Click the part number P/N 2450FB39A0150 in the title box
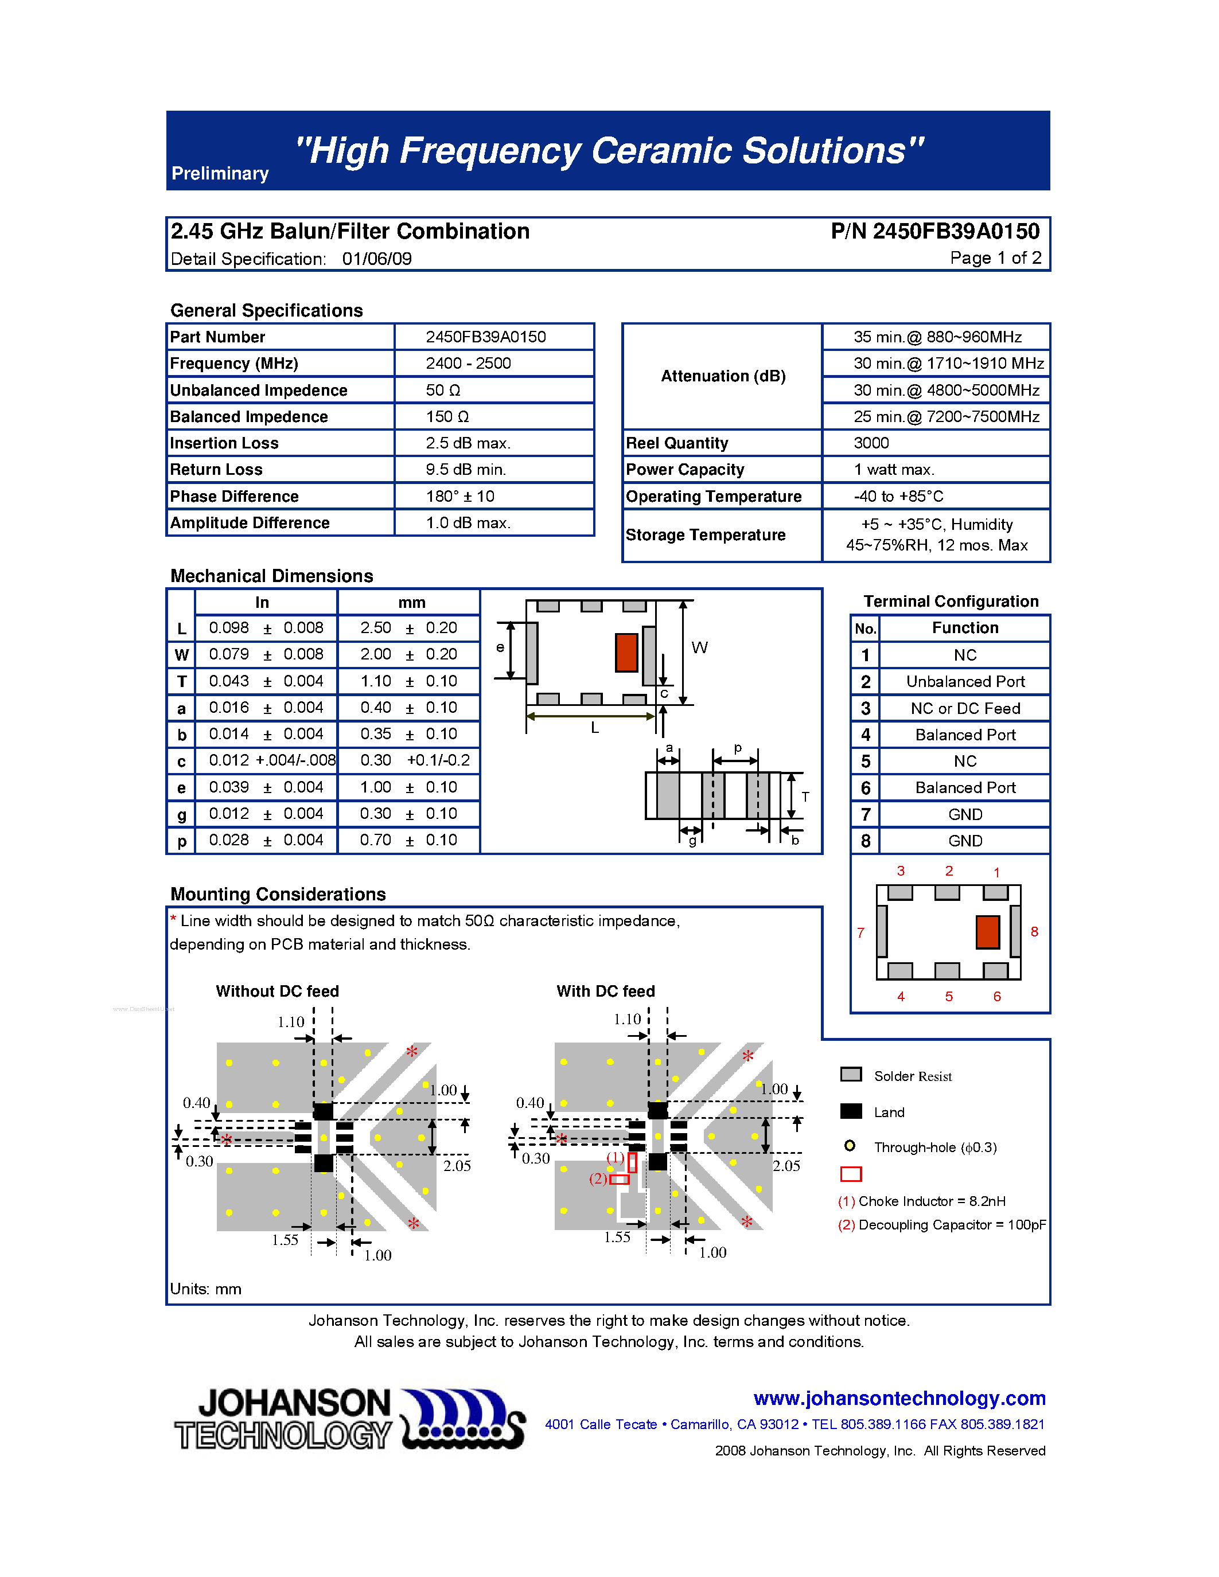click(x=934, y=231)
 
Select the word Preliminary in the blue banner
click(x=220, y=174)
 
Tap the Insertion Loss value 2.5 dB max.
click(x=467, y=443)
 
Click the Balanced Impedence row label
click(x=248, y=417)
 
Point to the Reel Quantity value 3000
click(x=871, y=443)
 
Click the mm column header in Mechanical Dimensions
click(x=412, y=602)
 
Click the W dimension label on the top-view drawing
click(x=699, y=647)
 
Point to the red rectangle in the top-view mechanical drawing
click(x=626, y=652)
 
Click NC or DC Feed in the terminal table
click(x=965, y=708)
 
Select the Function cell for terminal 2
click(x=965, y=682)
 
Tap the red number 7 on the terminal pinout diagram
click(x=860, y=933)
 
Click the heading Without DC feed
click(x=277, y=992)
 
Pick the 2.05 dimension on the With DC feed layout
click(x=786, y=1165)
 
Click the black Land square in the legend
click(x=851, y=1111)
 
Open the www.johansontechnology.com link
click(x=899, y=1398)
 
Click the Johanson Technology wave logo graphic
click(x=462, y=1419)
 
